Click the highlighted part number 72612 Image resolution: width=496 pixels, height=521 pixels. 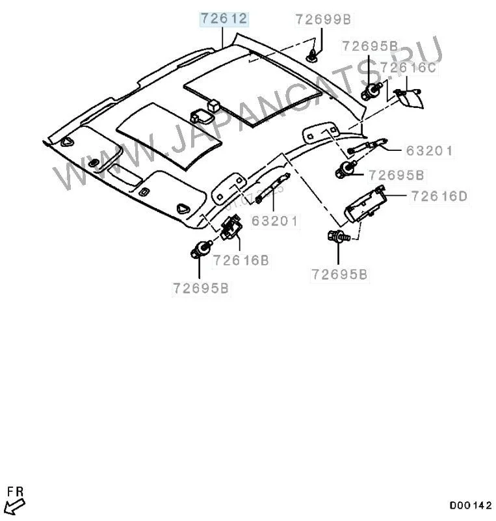coord(224,19)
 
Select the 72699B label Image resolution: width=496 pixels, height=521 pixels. coord(323,20)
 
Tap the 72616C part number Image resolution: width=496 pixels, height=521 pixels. coord(408,66)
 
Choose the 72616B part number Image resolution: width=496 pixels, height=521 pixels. coord(242,261)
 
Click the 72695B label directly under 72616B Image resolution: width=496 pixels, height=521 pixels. coord(201,288)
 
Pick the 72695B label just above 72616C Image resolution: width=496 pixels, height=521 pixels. coord(370,46)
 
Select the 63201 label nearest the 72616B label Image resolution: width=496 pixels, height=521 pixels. coord(274,221)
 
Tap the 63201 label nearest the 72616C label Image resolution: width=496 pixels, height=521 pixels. coord(429,152)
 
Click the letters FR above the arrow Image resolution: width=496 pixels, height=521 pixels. coord(13,489)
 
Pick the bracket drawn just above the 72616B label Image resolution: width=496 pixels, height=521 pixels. coord(232,228)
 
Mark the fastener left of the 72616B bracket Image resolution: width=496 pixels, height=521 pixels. coord(202,249)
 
